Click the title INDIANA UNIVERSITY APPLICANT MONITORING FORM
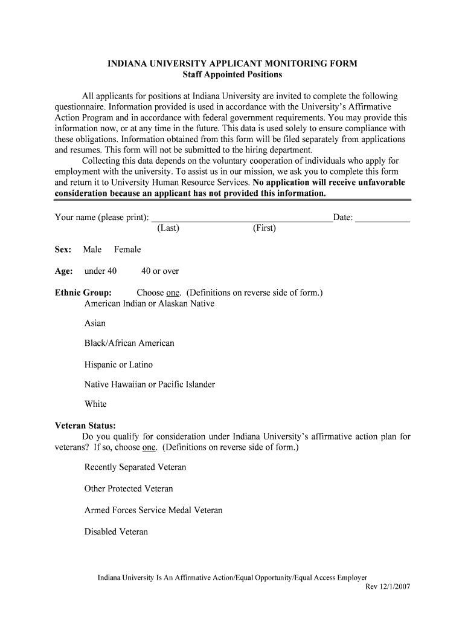click(232, 63)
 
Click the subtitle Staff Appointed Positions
click(232, 74)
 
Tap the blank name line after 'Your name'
click(241, 219)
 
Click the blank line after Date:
click(382, 219)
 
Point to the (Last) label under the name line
click(168, 228)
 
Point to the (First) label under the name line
click(264, 228)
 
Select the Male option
click(92, 250)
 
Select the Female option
click(127, 250)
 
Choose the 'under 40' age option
click(100, 271)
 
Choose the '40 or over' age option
click(160, 271)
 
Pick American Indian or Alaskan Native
click(149, 303)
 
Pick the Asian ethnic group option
click(95, 323)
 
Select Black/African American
click(129, 343)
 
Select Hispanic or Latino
click(118, 365)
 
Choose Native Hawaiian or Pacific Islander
click(150, 384)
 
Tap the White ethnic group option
click(95, 404)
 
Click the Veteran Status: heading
click(85, 426)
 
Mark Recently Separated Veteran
click(135, 467)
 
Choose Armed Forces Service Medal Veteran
click(153, 511)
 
